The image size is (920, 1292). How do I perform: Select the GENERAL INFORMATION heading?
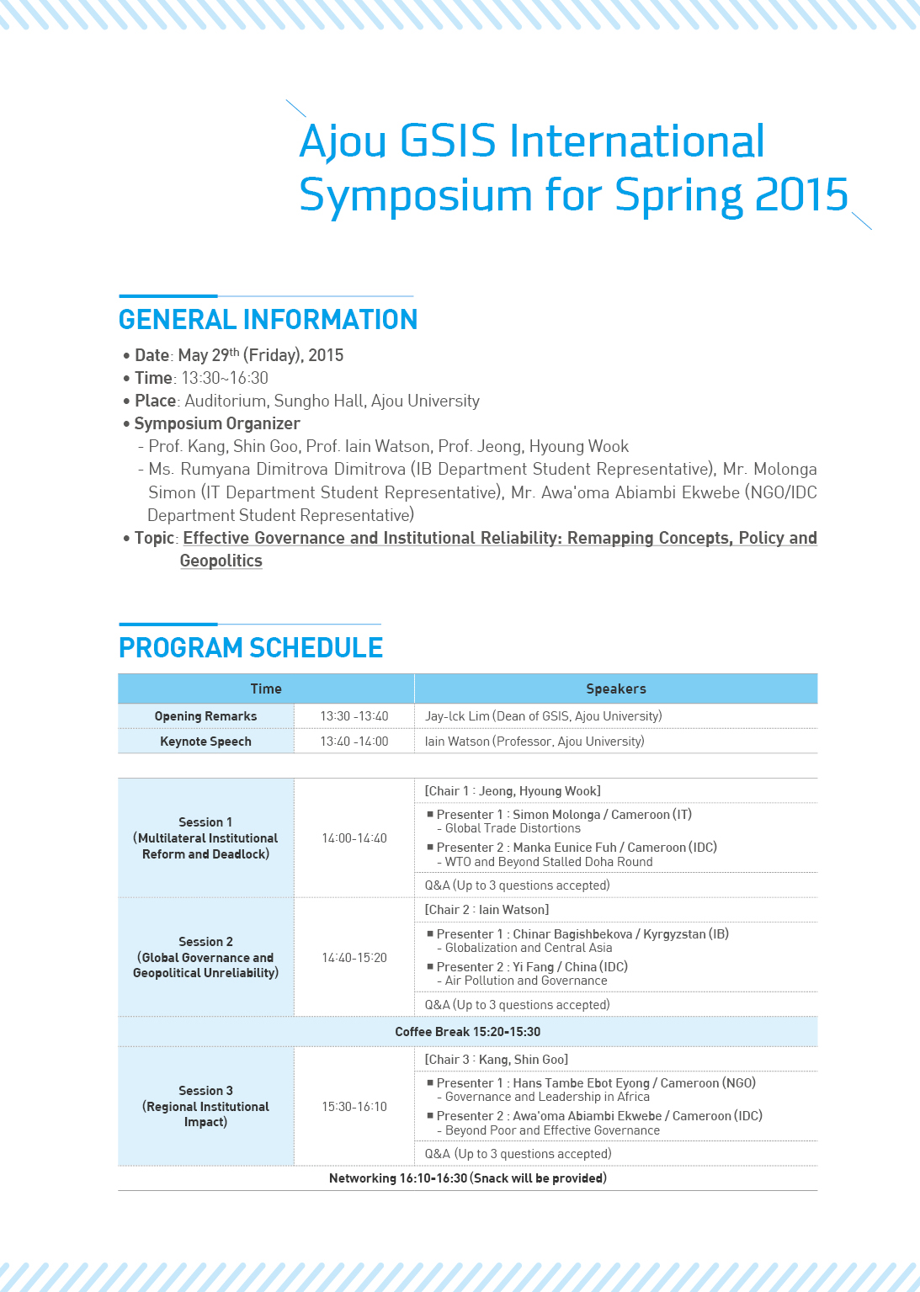pos(268,320)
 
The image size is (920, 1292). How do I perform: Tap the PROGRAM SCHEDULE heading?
pos(251,648)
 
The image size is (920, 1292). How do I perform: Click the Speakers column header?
pos(616,689)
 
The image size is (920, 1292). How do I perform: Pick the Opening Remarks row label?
pos(205,716)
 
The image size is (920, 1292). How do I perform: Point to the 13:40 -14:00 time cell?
pos(354,742)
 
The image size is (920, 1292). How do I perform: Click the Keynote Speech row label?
pos(205,742)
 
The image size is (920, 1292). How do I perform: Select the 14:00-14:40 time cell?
pos(354,838)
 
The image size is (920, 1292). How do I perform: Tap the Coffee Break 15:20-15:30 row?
pos(467,1032)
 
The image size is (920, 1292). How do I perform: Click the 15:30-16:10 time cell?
pos(354,1107)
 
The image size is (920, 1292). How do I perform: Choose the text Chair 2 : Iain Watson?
pos(487,910)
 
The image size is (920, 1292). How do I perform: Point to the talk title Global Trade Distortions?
pos(513,828)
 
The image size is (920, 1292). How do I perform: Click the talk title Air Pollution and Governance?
pos(526,981)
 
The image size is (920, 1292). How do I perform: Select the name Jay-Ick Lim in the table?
pos(457,716)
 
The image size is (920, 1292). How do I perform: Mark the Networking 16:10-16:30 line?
pos(467,1178)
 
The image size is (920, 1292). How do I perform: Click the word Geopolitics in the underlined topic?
pos(221,561)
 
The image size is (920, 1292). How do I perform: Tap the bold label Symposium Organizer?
pos(217,423)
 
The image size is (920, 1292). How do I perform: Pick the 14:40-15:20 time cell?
pos(354,958)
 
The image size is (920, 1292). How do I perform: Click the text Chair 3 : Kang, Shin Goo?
pos(496,1060)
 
